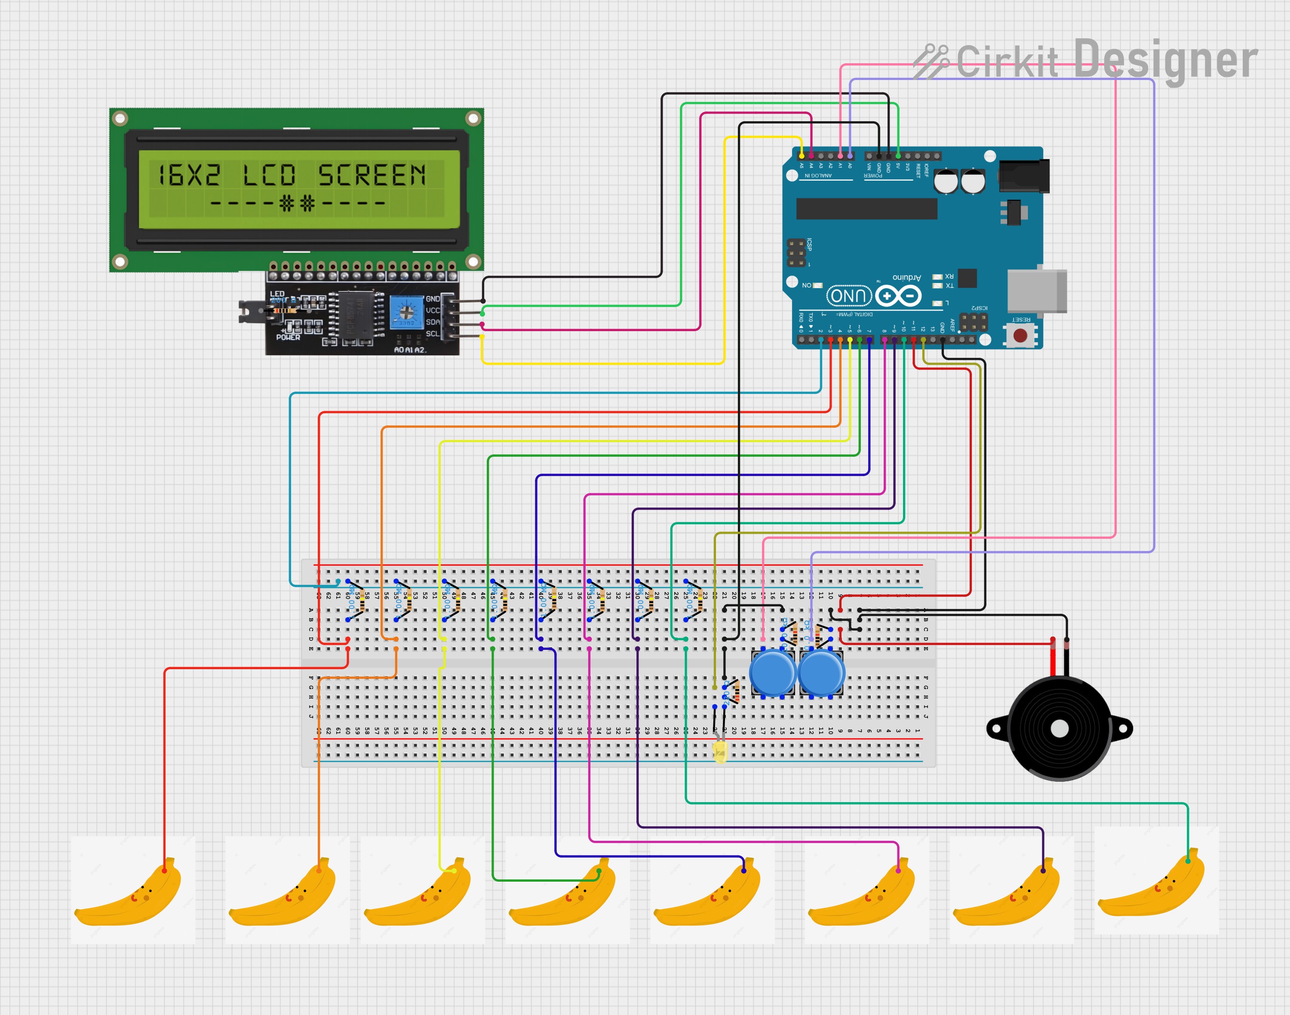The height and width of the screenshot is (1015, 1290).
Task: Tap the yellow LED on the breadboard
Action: (720, 752)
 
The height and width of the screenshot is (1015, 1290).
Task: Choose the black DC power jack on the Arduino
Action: (1023, 176)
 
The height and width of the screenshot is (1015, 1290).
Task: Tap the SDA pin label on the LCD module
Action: (433, 322)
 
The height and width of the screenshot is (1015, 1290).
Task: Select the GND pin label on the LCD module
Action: (433, 299)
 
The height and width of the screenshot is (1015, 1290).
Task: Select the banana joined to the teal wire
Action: (1156, 883)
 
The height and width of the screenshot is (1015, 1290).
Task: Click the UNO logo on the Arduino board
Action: (848, 296)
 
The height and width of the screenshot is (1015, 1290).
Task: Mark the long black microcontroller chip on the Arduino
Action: (866, 209)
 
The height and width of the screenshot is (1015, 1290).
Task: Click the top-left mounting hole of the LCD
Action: (120, 119)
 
